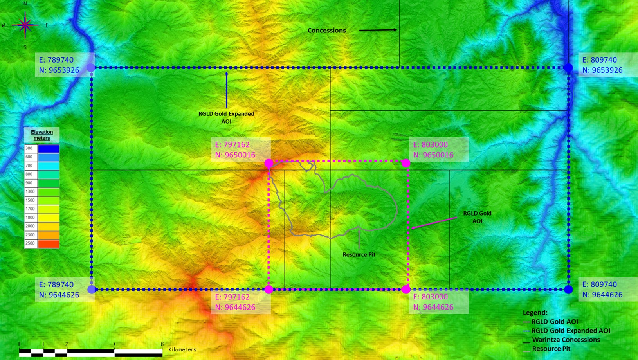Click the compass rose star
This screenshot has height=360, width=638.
tap(25, 25)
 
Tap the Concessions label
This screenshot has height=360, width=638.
tap(326, 31)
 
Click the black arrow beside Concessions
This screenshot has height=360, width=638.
tap(378, 30)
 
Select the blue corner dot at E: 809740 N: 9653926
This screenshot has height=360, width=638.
tap(568, 68)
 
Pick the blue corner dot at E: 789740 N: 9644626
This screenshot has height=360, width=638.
tap(91, 290)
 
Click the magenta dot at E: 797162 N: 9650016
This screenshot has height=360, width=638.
tap(269, 163)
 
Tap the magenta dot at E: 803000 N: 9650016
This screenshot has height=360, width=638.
tap(406, 163)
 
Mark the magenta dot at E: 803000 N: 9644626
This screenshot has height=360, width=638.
tap(406, 290)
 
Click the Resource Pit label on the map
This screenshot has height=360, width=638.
tap(359, 255)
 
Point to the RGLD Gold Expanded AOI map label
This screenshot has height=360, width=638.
tap(226, 117)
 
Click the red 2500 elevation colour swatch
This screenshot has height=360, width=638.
tap(49, 244)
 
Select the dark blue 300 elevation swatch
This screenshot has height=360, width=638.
tap(49, 149)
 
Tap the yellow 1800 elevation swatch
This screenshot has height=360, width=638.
tap(49, 218)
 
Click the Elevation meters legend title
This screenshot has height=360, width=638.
tap(42, 135)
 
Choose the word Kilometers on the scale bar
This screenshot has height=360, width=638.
tap(182, 349)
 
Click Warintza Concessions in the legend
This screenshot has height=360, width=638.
tap(566, 340)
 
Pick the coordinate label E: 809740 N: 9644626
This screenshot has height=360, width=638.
tap(602, 290)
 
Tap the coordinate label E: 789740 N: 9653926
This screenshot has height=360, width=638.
tap(59, 65)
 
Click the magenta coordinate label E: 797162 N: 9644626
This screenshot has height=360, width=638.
tap(235, 302)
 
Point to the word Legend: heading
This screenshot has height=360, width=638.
tap(535, 313)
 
